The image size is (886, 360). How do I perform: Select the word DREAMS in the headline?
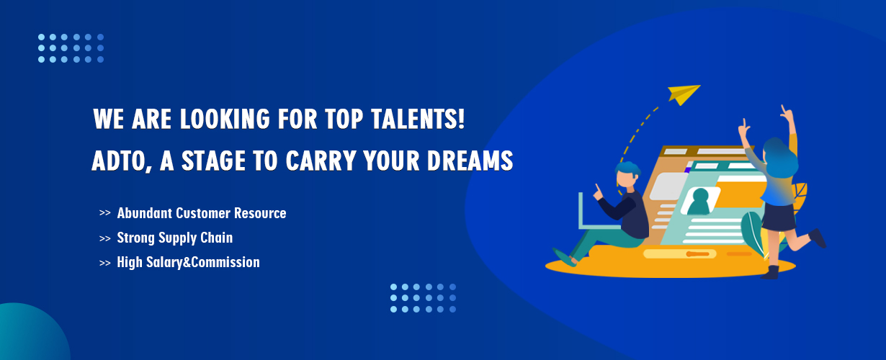pos(470,161)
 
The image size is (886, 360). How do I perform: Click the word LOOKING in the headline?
pos(225,119)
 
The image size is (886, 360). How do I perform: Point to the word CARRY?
pos(320,161)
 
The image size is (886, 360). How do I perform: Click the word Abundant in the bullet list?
pos(144,213)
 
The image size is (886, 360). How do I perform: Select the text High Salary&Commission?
pos(188,262)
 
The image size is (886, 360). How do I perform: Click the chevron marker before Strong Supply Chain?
pos(105,238)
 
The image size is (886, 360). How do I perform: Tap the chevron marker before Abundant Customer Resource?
pos(105,213)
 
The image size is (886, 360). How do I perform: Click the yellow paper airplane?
pos(684,94)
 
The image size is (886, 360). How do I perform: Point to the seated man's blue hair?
pos(628,169)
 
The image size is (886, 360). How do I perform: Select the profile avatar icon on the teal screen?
pos(700,201)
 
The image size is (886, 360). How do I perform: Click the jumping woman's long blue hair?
pos(779,158)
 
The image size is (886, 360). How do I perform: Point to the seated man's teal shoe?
pos(564,257)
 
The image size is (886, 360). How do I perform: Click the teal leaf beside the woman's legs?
pos(752,233)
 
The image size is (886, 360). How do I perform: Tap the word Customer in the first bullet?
pos(203,213)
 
